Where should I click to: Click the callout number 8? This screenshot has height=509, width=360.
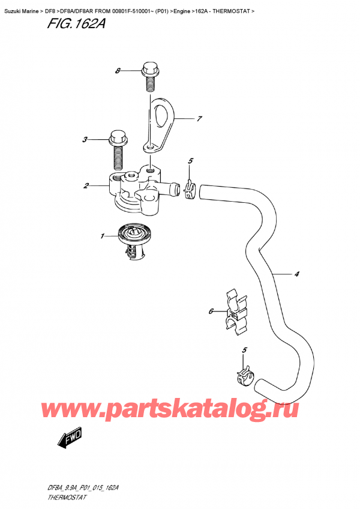click(x=118, y=71)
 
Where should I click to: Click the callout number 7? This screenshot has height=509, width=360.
click(x=200, y=119)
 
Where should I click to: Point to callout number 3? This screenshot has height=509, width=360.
click(x=85, y=140)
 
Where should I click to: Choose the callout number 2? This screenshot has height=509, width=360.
click(x=86, y=186)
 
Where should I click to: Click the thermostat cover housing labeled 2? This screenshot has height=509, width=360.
click(x=136, y=190)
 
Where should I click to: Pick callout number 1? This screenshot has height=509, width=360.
click(x=103, y=236)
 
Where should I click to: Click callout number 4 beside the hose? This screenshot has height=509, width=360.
click(x=296, y=275)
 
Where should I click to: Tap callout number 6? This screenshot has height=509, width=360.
click(x=211, y=312)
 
